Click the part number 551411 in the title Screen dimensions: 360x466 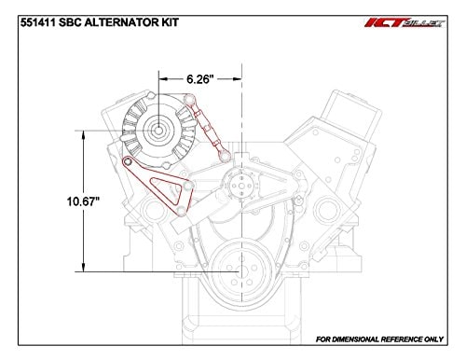35,12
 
